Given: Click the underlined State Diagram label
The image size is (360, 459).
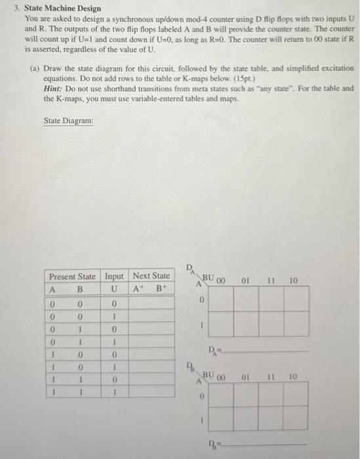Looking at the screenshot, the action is pyautogui.click(x=69, y=121).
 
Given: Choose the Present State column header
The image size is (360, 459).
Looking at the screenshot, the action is pyautogui.click(x=73, y=276).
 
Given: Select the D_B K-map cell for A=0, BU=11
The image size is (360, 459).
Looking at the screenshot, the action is pyautogui.click(x=270, y=397).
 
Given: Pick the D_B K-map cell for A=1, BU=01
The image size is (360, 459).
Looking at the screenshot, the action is pyautogui.click(x=245, y=420).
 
